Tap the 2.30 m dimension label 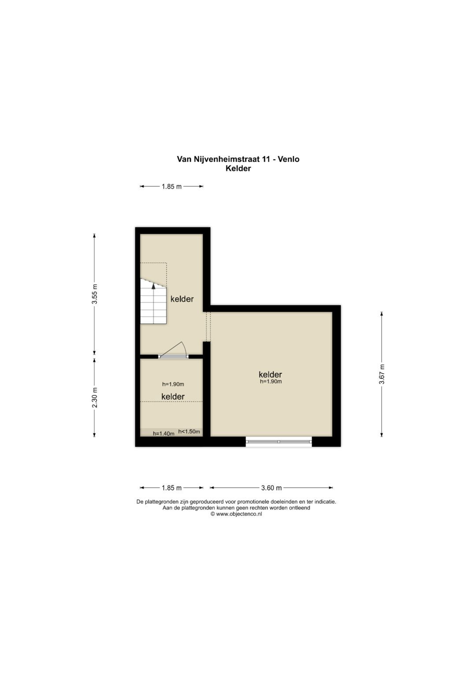pos(95,397)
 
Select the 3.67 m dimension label pos(382,374)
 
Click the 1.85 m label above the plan pos(171,186)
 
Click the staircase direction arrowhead pos(153,286)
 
